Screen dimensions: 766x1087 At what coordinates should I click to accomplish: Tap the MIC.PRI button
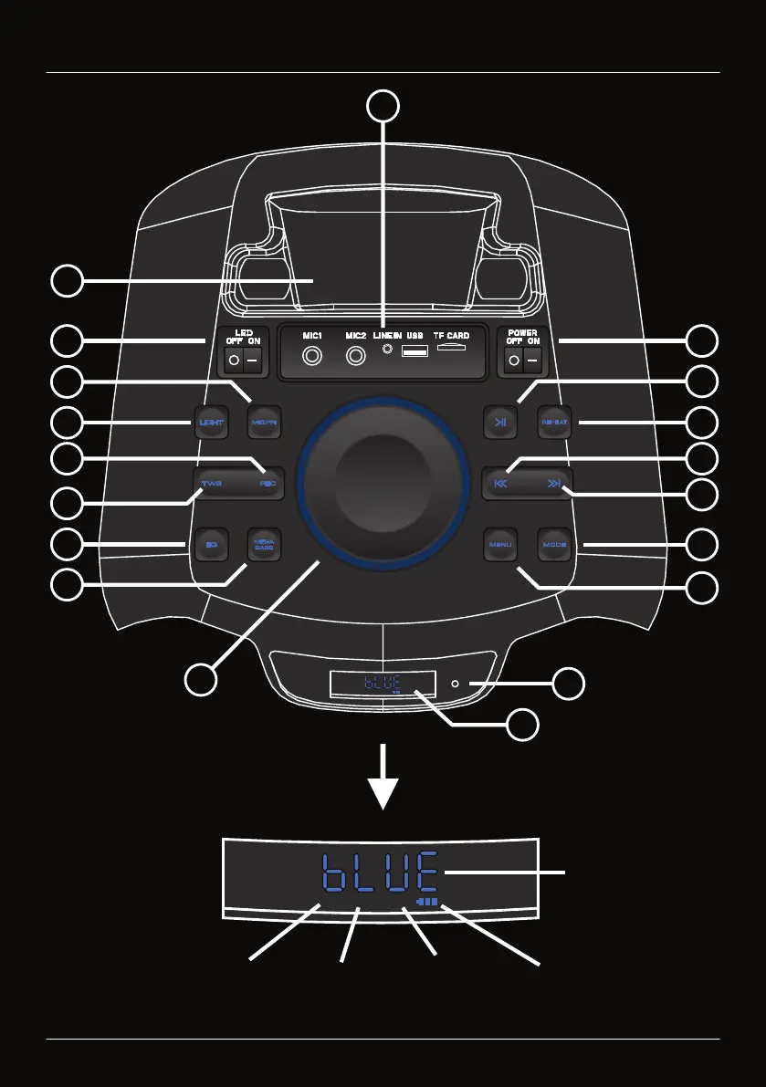(262, 423)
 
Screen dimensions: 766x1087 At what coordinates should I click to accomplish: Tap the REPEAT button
(554, 423)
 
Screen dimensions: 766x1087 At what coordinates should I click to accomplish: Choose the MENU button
(500, 545)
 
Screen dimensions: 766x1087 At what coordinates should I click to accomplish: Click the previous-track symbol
(499, 484)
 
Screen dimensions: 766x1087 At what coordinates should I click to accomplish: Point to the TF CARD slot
(452, 348)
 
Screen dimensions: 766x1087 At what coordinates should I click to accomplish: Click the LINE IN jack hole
(390, 349)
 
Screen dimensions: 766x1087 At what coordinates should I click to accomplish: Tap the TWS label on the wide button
(212, 484)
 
